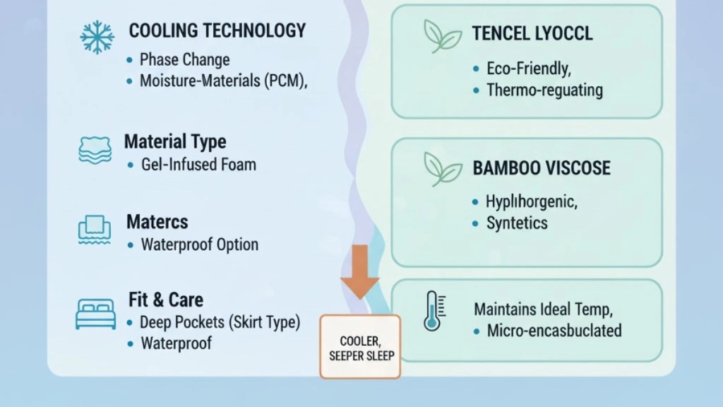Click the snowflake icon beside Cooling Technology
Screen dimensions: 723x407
(97, 37)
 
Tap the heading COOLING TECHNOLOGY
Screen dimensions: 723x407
(217, 31)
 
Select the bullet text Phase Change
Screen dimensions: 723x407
(184, 59)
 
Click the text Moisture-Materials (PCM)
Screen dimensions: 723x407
(223, 81)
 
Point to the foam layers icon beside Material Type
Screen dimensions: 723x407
(95, 150)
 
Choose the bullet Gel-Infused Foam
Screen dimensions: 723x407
(198, 164)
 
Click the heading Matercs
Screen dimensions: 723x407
(157, 222)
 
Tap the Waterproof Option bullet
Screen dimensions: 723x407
(200, 244)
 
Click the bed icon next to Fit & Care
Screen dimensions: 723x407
(95, 314)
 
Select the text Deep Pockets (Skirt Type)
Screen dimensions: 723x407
(220, 322)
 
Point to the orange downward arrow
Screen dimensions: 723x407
(359, 272)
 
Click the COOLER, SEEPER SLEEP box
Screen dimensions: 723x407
(360, 347)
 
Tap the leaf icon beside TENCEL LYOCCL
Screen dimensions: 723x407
(442, 36)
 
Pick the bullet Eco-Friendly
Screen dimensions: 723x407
(529, 69)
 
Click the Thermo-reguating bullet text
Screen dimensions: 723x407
(544, 90)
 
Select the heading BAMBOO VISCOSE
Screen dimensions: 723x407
(542, 168)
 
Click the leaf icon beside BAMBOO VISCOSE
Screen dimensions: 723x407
(443, 170)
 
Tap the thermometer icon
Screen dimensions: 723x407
(434, 311)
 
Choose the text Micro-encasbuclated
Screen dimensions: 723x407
(554, 331)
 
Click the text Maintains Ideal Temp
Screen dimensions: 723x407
(543, 309)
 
